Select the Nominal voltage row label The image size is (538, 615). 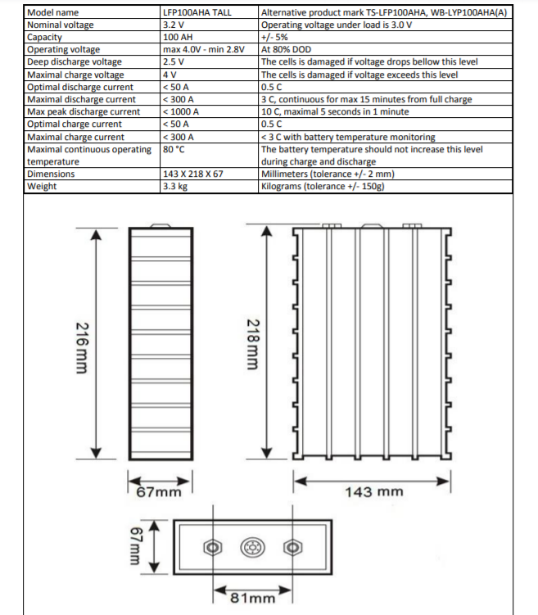tap(61, 25)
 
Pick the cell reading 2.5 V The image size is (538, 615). tap(174, 61)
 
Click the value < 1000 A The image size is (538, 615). tap(182, 111)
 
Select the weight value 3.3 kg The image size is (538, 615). tap(176, 186)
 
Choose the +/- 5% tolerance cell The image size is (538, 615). tap(274, 37)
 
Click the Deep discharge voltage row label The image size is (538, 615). tap(75, 61)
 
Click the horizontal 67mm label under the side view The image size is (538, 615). tap(159, 492)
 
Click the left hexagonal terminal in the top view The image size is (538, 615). tap(213, 547)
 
